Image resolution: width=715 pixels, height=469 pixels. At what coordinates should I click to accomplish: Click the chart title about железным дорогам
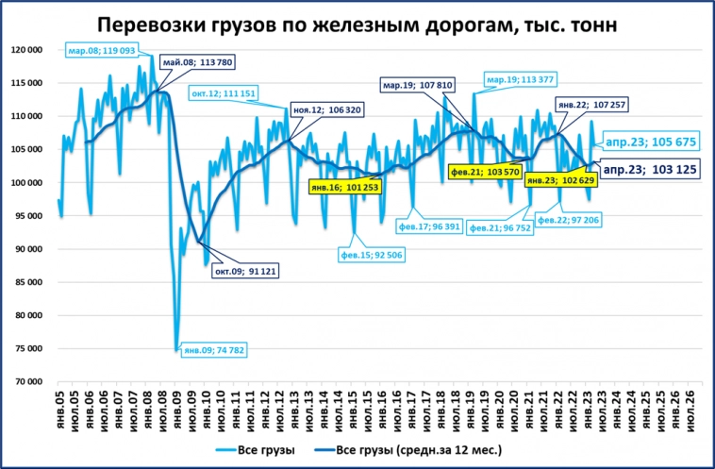tap(357, 25)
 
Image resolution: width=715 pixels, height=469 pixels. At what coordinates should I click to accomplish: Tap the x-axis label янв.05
tap(59, 409)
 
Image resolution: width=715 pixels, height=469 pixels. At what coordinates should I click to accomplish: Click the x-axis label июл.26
tap(691, 409)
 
